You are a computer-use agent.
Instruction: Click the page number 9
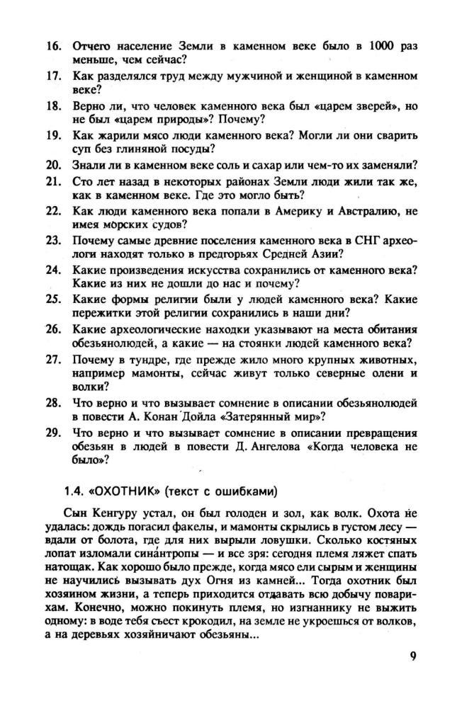tap(413, 655)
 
